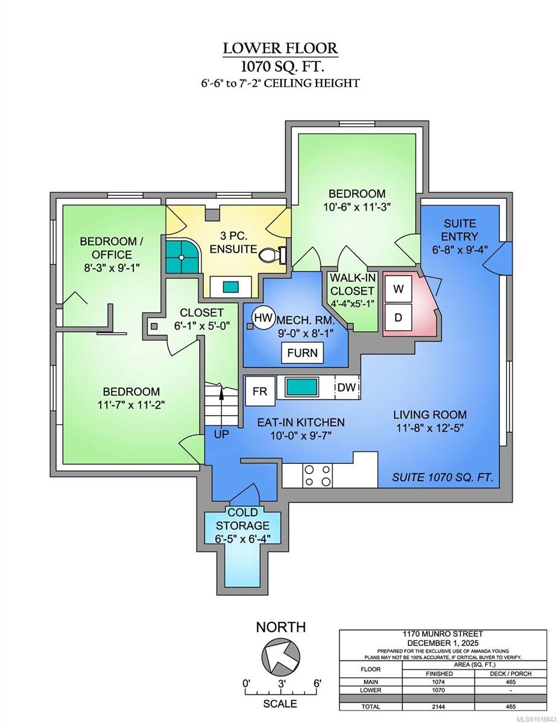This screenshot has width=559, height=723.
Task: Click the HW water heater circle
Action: (x=262, y=318)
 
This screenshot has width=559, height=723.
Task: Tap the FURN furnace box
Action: (x=303, y=353)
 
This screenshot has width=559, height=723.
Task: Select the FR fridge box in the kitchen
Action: (x=260, y=391)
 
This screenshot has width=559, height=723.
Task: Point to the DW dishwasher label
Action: (x=347, y=387)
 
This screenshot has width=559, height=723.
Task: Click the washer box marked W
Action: (x=398, y=289)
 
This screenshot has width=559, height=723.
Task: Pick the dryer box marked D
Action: (x=398, y=317)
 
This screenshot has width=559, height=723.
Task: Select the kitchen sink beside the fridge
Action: (x=302, y=387)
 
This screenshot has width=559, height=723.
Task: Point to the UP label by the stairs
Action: (x=221, y=434)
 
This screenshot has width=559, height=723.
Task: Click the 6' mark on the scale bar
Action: (x=317, y=683)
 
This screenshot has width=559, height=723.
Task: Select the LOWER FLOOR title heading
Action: (x=280, y=48)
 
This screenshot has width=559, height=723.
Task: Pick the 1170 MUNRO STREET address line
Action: (x=443, y=634)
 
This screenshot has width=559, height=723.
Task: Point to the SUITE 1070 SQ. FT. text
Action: (x=443, y=478)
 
